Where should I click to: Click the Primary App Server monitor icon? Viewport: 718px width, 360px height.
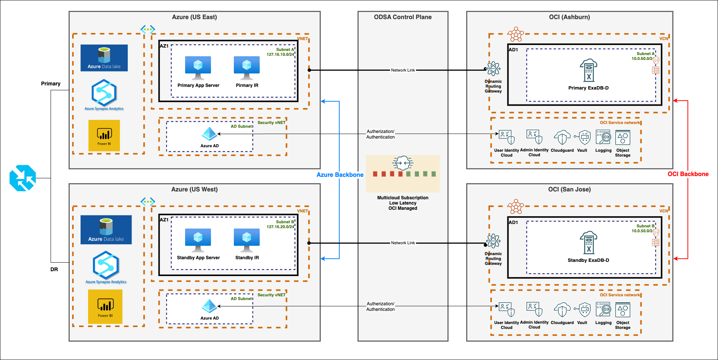point(198,67)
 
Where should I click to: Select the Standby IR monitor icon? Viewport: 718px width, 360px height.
point(247,240)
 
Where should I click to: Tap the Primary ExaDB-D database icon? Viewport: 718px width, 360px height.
point(588,70)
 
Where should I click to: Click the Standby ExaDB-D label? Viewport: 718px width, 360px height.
point(588,260)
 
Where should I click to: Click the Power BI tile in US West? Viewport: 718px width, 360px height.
point(105,306)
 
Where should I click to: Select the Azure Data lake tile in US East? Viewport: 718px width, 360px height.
point(104,58)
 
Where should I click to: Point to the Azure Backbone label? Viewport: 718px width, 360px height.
point(340,175)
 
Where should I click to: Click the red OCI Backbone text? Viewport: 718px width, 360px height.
point(688,174)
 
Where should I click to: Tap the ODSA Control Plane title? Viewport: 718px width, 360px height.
point(402,17)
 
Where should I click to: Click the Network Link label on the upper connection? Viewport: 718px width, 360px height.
point(403,70)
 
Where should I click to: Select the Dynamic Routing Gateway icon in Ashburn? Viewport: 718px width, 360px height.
point(493,69)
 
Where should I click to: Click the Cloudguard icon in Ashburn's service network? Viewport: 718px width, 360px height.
point(562,137)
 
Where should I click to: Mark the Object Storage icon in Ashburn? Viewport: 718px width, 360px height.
point(622,138)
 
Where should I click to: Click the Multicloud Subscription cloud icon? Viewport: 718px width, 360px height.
point(402,163)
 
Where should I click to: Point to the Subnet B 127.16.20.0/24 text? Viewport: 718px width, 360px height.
point(280,224)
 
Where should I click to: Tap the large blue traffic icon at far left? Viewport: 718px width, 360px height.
point(22,178)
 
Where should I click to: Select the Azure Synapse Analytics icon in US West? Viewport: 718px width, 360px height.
point(106,265)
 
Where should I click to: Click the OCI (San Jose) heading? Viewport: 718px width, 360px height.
point(569,190)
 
